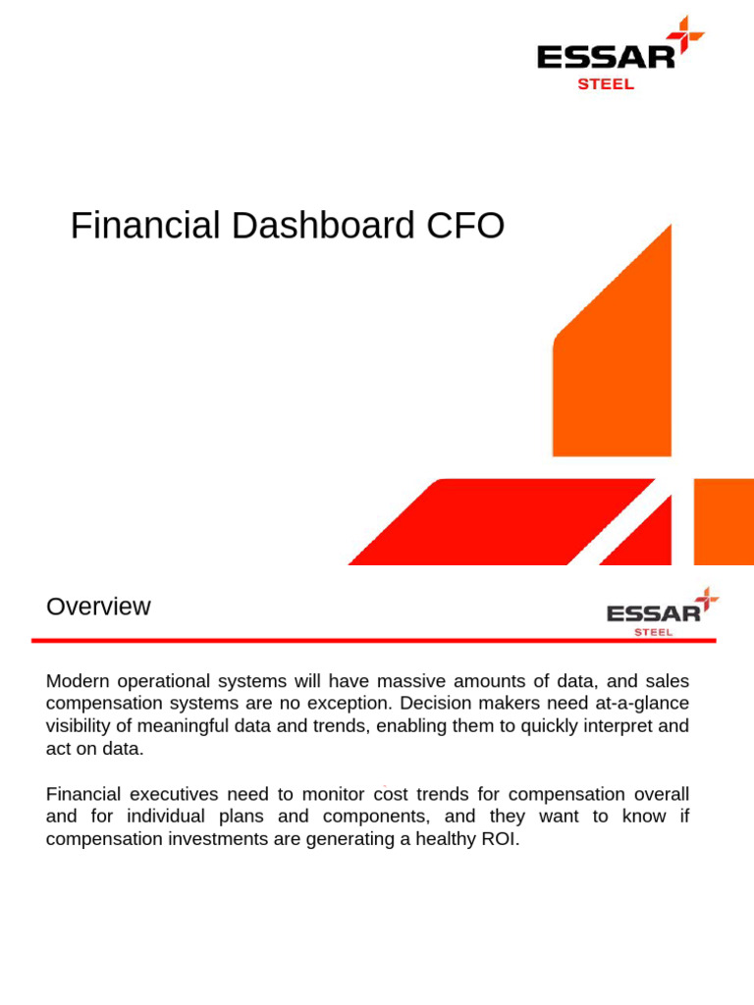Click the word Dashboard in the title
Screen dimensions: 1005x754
[x=324, y=227]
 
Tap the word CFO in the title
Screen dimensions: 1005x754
[x=465, y=227]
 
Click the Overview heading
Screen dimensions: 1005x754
[x=98, y=607]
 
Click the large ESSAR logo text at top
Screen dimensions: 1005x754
[x=606, y=57]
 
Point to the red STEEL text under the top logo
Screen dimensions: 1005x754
[x=606, y=84]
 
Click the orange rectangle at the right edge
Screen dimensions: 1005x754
[x=723, y=522]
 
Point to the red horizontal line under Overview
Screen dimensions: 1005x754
[x=373, y=641]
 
